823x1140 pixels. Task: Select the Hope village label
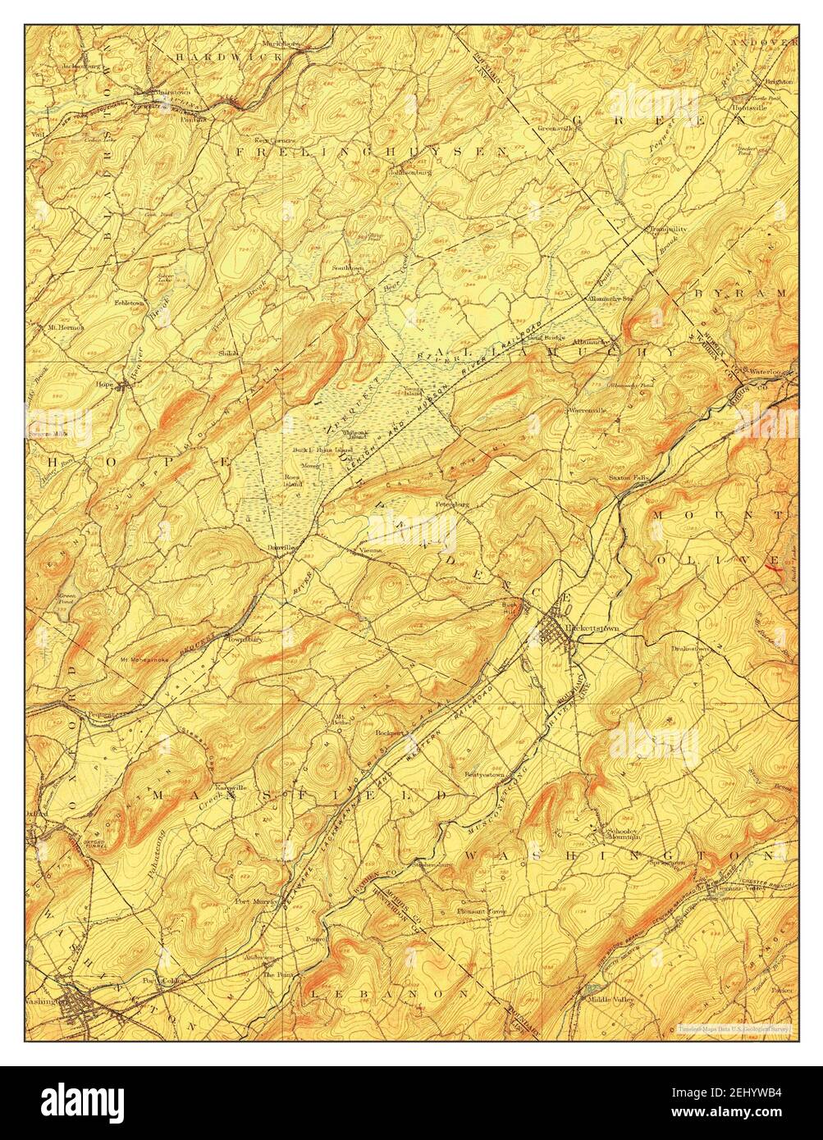coord(104,383)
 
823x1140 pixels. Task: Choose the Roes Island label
coord(292,480)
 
